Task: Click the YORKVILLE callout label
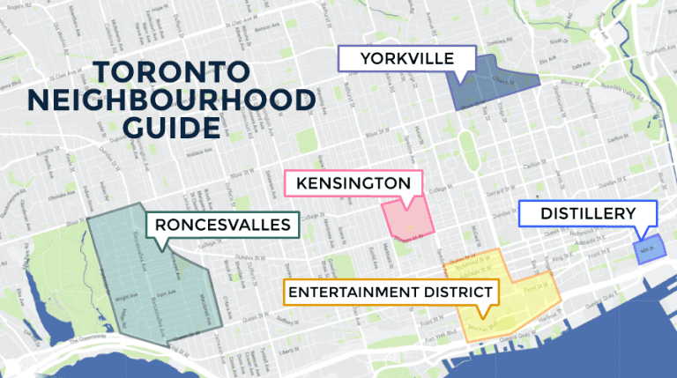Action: (x=406, y=58)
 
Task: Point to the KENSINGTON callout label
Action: (x=353, y=183)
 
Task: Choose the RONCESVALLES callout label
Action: (x=222, y=225)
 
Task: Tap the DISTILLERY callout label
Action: (x=588, y=213)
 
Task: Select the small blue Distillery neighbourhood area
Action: (x=649, y=250)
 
